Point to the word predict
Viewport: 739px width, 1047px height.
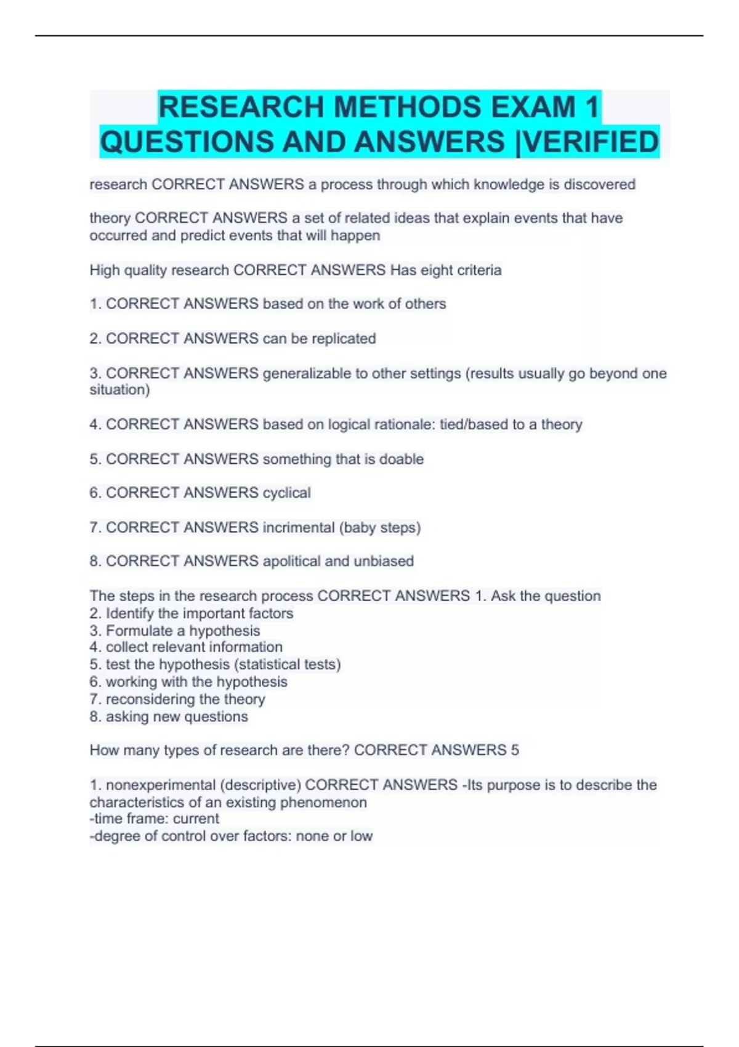202,235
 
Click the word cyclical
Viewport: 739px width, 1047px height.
286,493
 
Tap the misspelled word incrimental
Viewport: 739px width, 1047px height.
299,527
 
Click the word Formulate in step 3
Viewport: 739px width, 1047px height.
139,631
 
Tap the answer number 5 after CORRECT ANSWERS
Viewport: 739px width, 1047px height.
515,750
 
